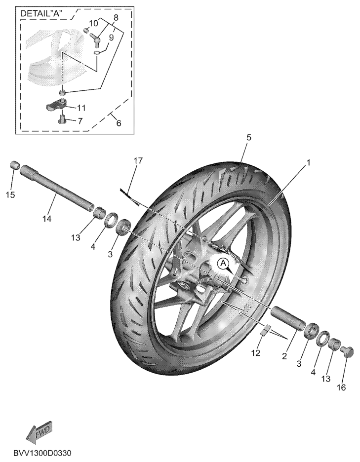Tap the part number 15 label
pyautogui.click(x=10, y=195)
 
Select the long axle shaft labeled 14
pyautogui.click(x=57, y=189)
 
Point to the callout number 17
pyautogui.click(x=138, y=160)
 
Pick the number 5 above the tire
pyautogui.click(x=248, y=138)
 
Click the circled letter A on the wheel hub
pyautogui.click(x=223, y=263)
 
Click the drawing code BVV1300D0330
pyautogui.click(x=42, y=453)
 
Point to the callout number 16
pyautogui.click(x=341, y=387)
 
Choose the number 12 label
pyautogui.click(x=256, y=353)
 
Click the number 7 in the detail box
pyautogui.click(x=80, y=121)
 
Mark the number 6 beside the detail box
pyautogui.click(x=119, y=123)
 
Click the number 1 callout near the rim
pyautogui.click(x=309, y=162)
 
